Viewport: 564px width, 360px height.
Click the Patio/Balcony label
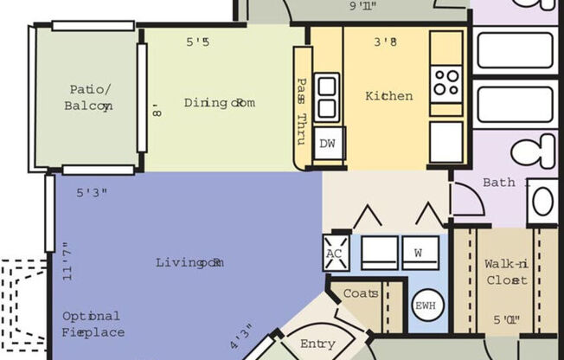click(x=87, y=97)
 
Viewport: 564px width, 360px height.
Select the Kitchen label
click(x=388, y=96)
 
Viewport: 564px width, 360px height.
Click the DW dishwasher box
click(x=327, y=144)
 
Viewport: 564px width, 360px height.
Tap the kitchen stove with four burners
click(x=446, y=83)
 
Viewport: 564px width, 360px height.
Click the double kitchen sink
click(x=327, y=97)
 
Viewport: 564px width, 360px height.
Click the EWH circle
click(x=426, y=306)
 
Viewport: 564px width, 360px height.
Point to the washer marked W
click(x=419, y=254)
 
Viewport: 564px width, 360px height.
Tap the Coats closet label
click(x=361, y=293)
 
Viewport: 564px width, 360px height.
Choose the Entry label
click(x=317, y=344)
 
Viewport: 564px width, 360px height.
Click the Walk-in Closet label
click(x=506, y=272)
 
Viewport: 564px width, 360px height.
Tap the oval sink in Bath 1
click(x=542, y=202)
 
